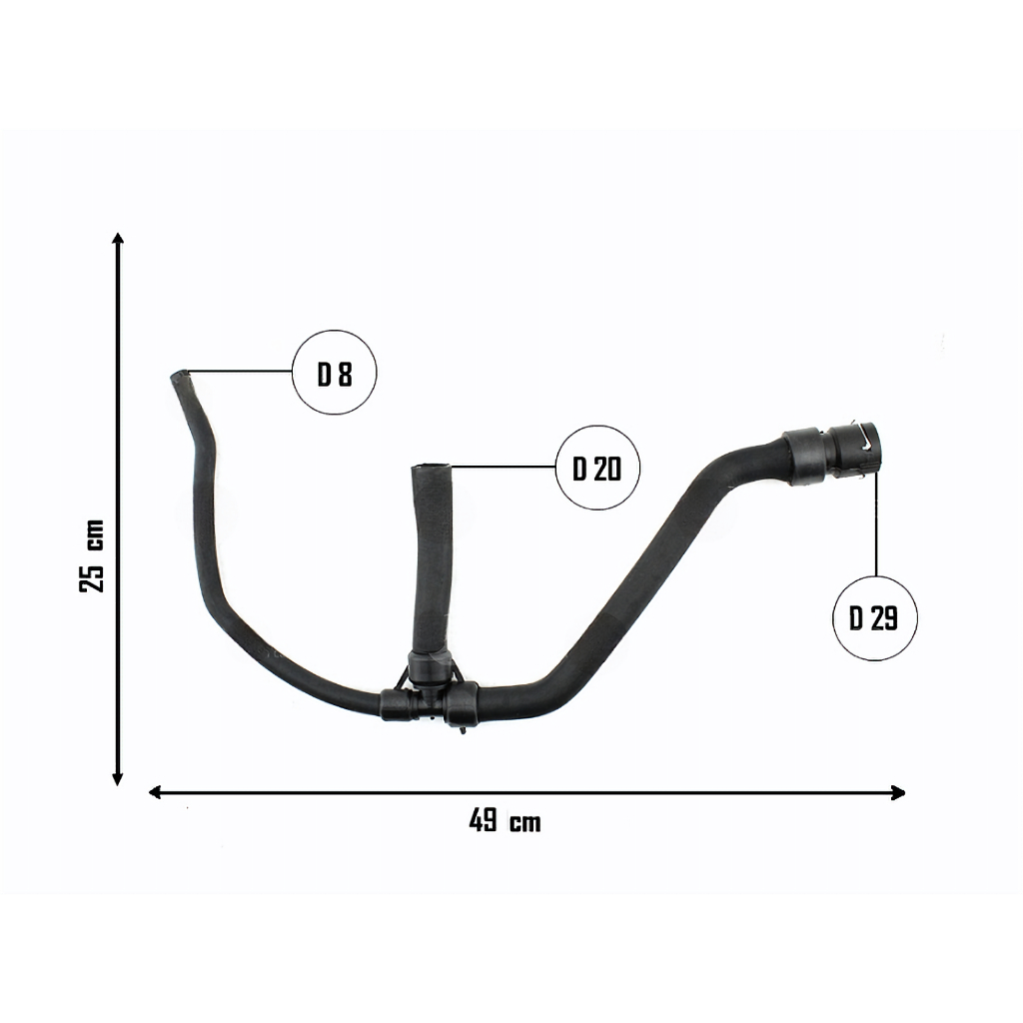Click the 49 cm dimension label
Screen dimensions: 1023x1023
[505, 821]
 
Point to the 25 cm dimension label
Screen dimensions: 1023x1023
[92, 555]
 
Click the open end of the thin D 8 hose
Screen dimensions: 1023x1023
[178, 377]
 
